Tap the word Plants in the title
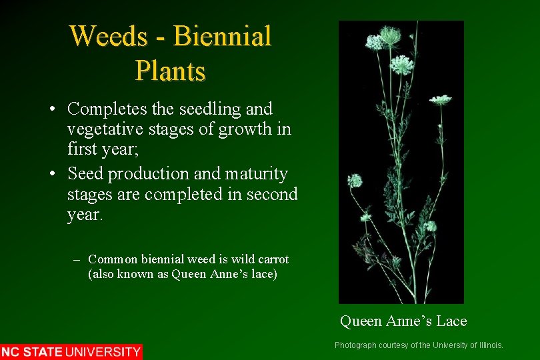click(170, 70)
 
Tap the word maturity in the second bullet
click(256, 174)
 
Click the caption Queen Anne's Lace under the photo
click(403, 321)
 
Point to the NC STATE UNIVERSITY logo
click(71, 351)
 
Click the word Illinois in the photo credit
click(489, 345)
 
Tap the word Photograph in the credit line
click(355, 345)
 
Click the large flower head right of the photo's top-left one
click(401, 65)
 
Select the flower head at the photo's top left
click(376, 41)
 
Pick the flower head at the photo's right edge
click(440, 100)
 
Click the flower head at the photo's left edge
click(355, 180)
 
